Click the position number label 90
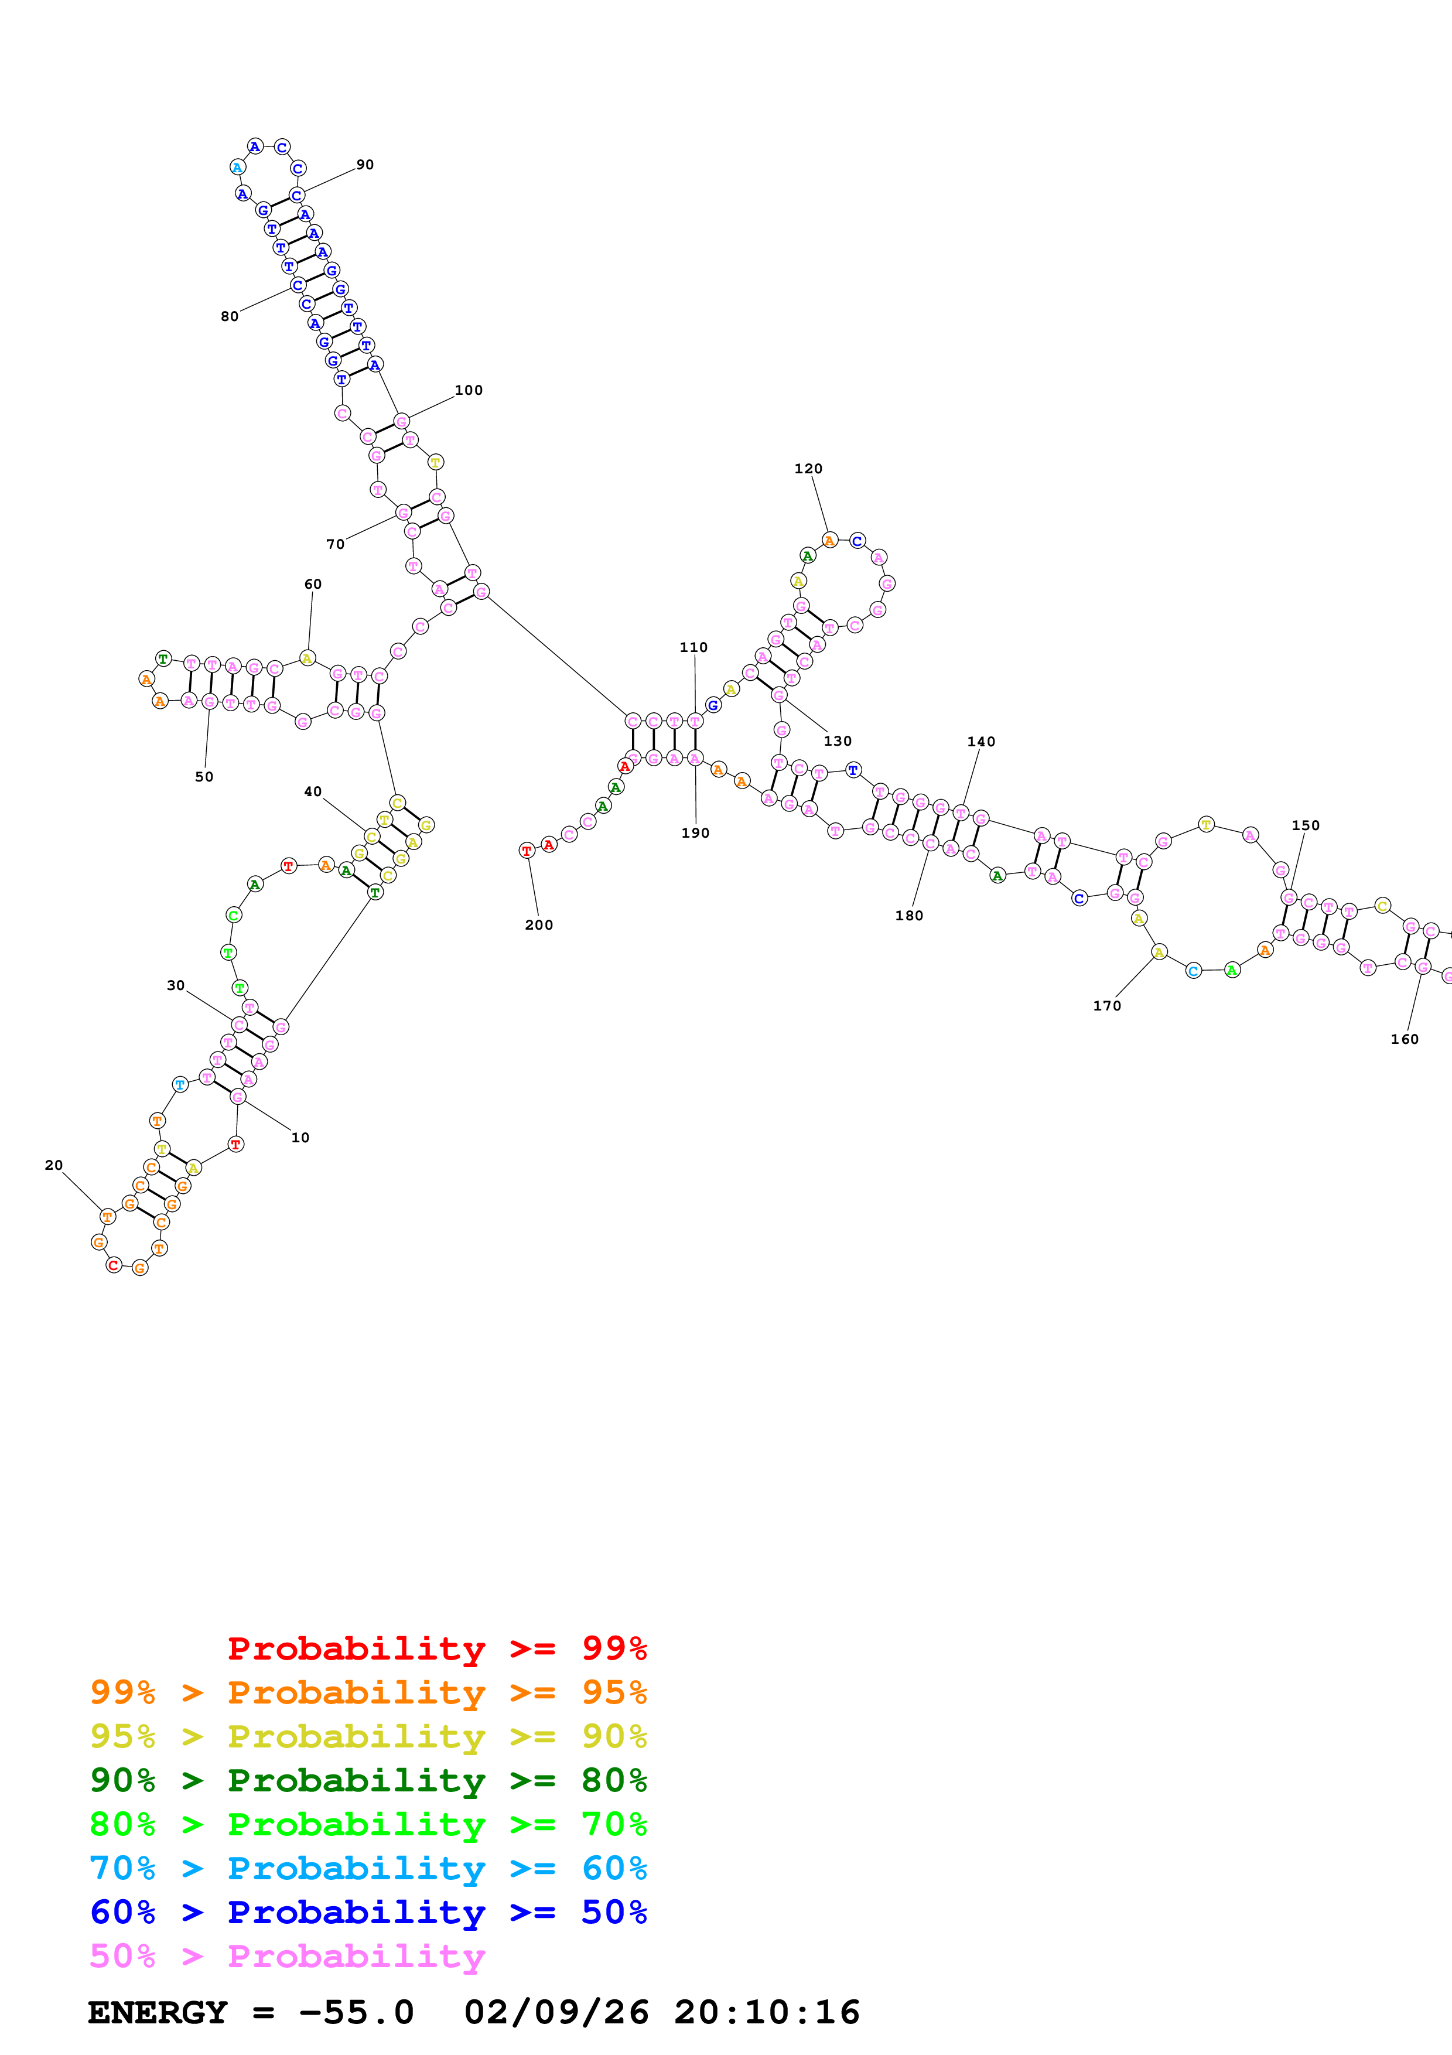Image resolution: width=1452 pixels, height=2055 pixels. coord(365,165)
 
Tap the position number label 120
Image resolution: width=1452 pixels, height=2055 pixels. coord(808,469)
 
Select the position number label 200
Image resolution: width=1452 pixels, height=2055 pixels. coord(539,926)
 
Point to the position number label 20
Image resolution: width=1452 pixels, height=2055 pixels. coord(54,1165)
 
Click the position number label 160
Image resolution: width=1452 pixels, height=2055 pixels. coord(1404,1039)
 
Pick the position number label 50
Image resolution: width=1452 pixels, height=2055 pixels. coord(204,777)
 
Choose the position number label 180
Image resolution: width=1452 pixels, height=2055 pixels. coord(909,916)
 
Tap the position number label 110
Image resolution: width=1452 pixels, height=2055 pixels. coord(693,647)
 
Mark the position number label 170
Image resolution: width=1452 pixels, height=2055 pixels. coord(1106,1006)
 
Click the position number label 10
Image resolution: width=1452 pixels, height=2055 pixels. coord(300,1138)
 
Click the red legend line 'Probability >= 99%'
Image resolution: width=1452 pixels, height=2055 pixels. coord(436,1648)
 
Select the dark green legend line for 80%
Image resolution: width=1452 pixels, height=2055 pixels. coord(368,1780)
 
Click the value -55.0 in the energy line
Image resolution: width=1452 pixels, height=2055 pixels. coord(356,2013)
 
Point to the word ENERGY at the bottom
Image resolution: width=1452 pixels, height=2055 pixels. coord(158,2013)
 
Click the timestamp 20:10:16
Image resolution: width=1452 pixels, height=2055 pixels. coord(767,2013)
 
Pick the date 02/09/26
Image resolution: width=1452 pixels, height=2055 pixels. coord(556,2013)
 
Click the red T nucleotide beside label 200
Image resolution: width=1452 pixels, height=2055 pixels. coord(527,850)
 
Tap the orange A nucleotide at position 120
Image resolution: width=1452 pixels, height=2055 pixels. coord(829,541)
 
